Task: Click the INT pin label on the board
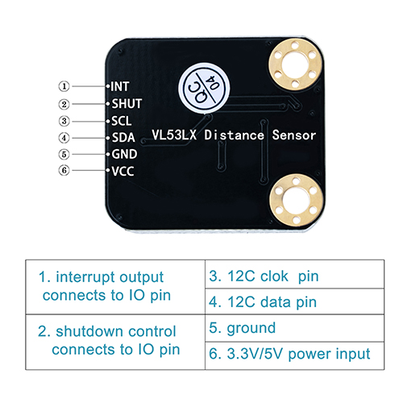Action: [x=120, y=86]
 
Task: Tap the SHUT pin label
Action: [x=127, y=104]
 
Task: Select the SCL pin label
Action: [x=122, y=121]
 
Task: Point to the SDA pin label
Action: [x=123, y=138]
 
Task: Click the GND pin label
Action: [x=124, y=154]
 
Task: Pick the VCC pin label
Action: [x=123, y=171]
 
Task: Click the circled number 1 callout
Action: [x=64, y=86]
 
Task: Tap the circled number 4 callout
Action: [x=64, y=138]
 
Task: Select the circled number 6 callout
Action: [x=64, y=170]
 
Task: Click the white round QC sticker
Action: [x=204, y=89]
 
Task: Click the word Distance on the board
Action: [x=234, y=135]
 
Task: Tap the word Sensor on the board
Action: [x=294, y=135]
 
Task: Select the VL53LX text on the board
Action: [x=174, y=135]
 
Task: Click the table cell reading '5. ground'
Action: [x=294, y=328]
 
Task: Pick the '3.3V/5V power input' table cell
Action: [x=294, y=355]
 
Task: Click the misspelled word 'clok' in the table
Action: [x=271, y=276]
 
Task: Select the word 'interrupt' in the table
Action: [x=85, y=277]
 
